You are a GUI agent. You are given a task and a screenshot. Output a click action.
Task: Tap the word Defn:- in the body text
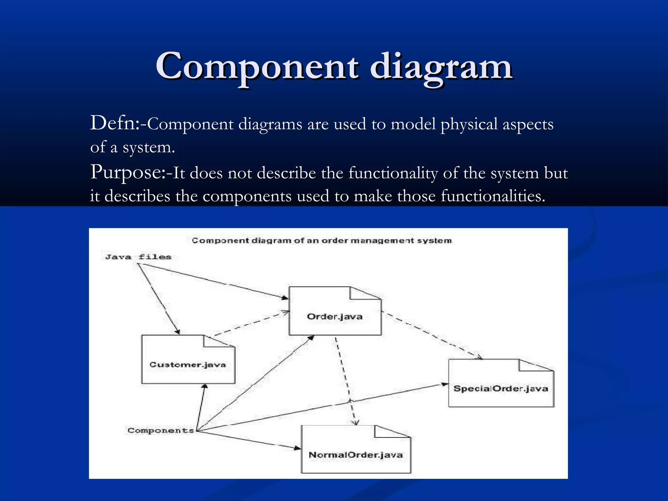tap(118, 124)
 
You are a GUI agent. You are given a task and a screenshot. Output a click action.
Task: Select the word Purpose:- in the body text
tap(130, 172)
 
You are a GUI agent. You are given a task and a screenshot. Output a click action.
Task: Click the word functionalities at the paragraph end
tap(493, 196)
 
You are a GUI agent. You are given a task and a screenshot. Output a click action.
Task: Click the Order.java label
tap(335, 316)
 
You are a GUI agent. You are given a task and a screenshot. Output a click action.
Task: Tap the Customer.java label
tap(188, 365)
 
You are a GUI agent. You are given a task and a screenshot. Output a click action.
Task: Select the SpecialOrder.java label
tap(500, 388)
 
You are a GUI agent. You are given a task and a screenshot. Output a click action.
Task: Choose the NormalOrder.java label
tap(356, 455)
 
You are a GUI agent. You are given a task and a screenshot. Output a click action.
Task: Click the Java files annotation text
tap(138, 257)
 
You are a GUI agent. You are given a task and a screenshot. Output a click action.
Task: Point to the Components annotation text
tap(160, 431)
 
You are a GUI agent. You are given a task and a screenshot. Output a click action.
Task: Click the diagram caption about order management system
tap(322, 241)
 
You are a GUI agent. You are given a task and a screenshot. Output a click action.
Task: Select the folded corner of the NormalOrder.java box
tap(388, 431)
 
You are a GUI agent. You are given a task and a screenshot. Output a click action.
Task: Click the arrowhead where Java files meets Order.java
tap(285, 297)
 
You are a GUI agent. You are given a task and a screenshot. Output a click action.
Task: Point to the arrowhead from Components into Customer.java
tap(205, 387)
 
